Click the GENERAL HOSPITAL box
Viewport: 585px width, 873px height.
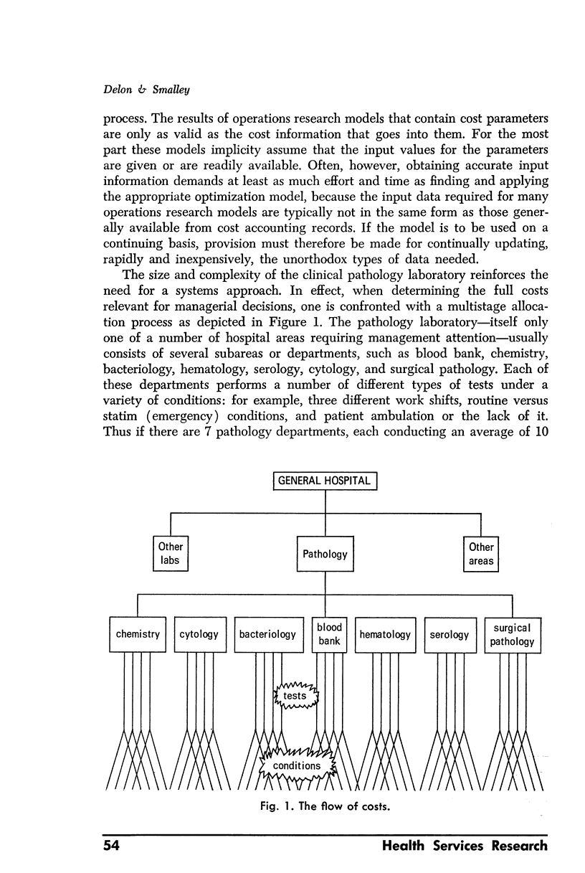click(325, 481)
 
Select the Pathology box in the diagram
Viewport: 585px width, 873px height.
click(325, 554)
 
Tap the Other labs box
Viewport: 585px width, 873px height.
click(170, 554)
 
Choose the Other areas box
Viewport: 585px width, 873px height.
click(481, 554)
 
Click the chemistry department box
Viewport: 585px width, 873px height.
click(138, 634)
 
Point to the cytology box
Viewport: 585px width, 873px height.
click(200, 634)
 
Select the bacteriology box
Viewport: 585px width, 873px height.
click(268, 634)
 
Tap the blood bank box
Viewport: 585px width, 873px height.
click(329, 634)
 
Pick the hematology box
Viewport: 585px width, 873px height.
click(385, 634)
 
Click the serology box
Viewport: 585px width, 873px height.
click(450, 634)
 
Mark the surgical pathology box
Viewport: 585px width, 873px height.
click(512, 634)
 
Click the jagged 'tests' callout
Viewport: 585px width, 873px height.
click(295, 696)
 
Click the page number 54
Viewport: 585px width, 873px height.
click(110, 846)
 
